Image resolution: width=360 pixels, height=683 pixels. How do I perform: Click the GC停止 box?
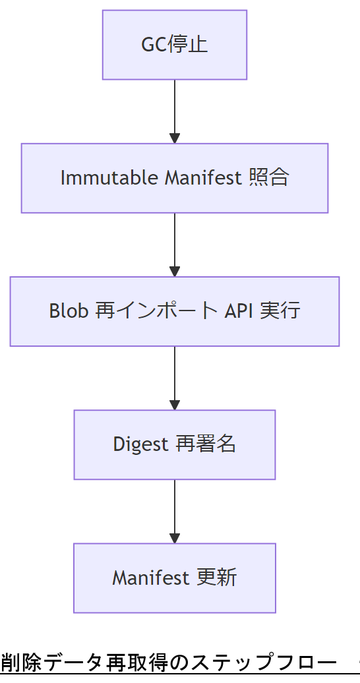click(175, 45)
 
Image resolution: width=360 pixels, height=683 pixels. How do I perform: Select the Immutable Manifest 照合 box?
click(175, 178)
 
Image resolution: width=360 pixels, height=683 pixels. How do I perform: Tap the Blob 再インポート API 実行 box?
click(175, 311)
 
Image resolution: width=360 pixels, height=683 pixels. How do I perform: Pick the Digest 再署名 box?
click(175, 444)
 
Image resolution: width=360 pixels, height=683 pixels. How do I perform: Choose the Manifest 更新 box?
click(175, 578)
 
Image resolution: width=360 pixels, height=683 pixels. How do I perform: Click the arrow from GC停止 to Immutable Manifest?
click(175, 111)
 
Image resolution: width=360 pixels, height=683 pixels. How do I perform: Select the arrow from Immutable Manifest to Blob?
click(175, 244)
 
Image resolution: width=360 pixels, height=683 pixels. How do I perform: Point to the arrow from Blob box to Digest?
click(175, 377)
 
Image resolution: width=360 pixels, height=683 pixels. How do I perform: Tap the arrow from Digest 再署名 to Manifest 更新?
click(175, 511)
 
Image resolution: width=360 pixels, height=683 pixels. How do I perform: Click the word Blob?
click(69, 311)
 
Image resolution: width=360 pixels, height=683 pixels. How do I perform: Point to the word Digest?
click(140, 444)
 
